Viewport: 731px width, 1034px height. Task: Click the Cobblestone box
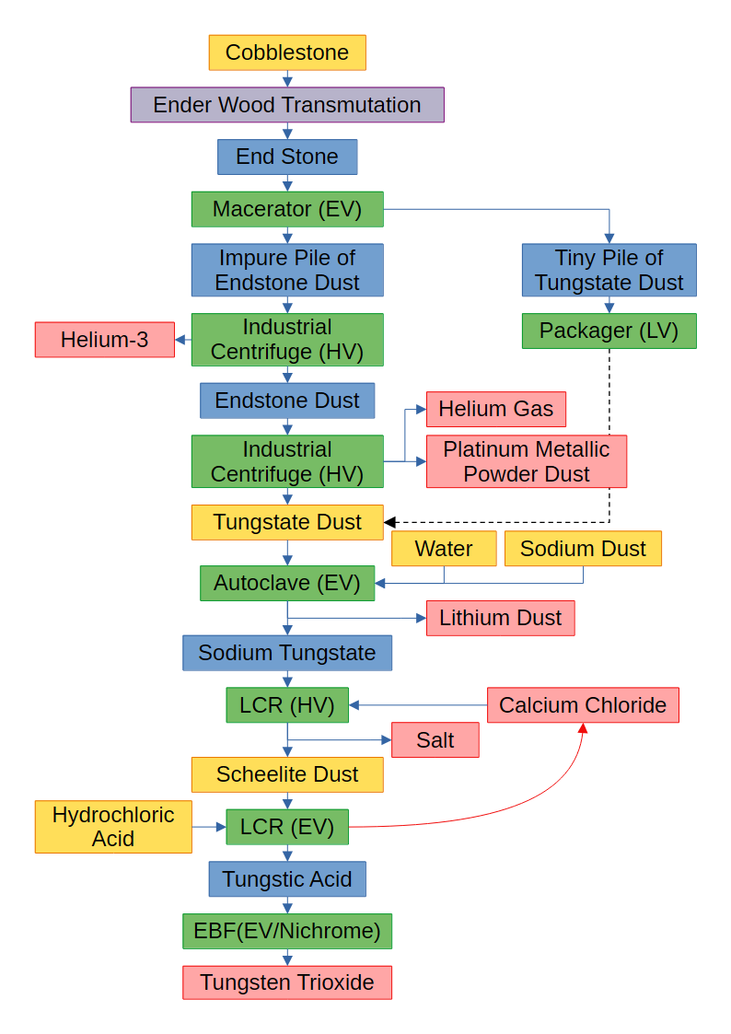[x=287, y=52]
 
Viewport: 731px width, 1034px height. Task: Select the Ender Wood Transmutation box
[x=287, y=105]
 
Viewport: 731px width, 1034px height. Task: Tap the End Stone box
[x=287, y=157]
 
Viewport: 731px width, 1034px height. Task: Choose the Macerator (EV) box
[x=287, y=209]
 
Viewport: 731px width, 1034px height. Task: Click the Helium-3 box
[x=105, y=340]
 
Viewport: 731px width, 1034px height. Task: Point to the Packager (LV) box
[x=609, y=331]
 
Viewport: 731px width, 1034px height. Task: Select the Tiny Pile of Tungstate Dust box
[x=609, y=270]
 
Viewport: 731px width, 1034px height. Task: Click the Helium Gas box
[x=495, y=409]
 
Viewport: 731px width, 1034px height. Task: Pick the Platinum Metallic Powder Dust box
[x=526, y=461]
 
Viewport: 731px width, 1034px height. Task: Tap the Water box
[x=444, y=549]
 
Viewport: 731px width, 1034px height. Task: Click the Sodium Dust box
[x=583, y=549]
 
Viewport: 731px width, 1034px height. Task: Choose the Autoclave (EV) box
[x=287, y=583]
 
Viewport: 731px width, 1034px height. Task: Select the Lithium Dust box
[x=500, y=618]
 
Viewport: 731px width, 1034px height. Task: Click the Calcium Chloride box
[x=583, y=705]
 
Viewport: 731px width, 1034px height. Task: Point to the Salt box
[x=435, y=740]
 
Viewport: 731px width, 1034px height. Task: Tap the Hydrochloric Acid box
[x=113, y=827]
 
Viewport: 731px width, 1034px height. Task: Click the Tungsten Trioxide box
[x=287, y=983]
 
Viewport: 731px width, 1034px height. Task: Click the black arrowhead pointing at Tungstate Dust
[x=390, y=522]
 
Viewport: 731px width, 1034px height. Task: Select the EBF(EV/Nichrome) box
[x=287, y=931]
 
